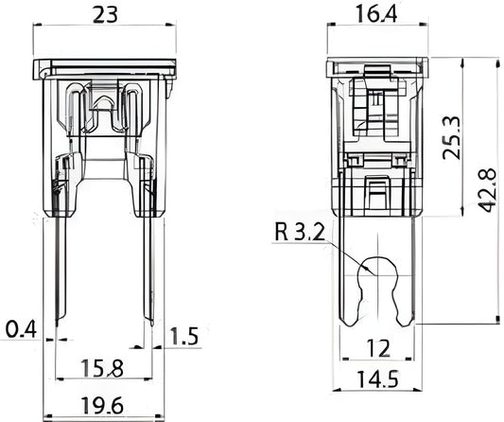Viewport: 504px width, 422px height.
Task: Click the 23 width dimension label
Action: click(x=105, y=15)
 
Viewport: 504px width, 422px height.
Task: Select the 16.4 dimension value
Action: click(x=376, y=14)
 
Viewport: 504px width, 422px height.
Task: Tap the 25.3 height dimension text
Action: click(x=452, y=138)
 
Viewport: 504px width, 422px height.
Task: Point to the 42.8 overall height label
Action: click(x=487, y=190)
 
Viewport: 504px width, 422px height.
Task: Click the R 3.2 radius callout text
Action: click(x=300, y=232)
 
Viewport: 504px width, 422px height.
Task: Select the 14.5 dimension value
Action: click(x=377, y=379)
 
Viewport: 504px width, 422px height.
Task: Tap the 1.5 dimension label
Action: click(x=183, y=337)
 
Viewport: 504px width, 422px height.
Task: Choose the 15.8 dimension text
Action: click(x=102, y=368)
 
